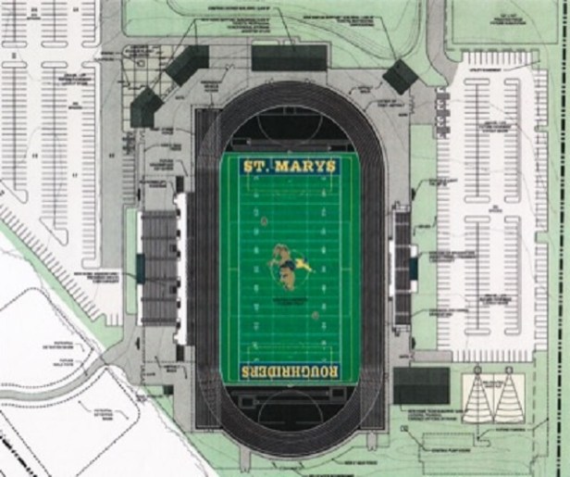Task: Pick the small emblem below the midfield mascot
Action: pos(314,315)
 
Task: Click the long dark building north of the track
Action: pos(289,58)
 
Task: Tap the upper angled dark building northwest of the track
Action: pos(189,65)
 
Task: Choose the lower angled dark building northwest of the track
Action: pos(146,107)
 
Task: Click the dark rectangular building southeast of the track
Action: pos(421,384)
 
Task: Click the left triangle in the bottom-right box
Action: pos(479,397)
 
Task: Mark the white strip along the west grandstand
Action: pos(181,269)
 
